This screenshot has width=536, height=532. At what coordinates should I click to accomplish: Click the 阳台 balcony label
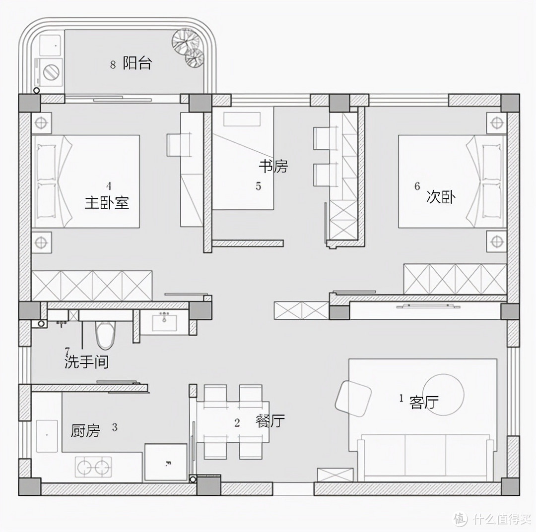coord(137,63)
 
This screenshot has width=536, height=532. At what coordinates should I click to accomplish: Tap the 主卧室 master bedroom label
coord(107,202)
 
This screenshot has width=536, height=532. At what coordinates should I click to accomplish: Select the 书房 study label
coord(273,166)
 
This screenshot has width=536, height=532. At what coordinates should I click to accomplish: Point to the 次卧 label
coord(441,197)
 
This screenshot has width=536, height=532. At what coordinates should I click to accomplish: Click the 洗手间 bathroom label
coord(87,362)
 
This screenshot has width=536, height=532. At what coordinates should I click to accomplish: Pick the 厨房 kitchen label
coord(85,430)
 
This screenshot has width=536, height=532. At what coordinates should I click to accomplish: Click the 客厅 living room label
coord(424,402)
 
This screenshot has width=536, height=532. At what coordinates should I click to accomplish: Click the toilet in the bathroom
coord(105,335)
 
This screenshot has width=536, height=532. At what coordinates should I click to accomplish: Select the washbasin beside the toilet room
coord(164,322)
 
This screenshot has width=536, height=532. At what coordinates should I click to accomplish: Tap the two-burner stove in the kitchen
coord(93,467)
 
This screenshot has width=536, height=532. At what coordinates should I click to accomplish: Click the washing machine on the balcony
coord(50,72)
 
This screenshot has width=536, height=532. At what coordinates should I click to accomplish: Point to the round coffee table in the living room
coord(443,394)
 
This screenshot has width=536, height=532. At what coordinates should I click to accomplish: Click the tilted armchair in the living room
coord(353,399)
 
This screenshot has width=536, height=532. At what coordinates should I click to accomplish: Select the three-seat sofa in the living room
coord(426,457)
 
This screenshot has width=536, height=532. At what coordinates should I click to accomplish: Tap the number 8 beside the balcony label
coord(113,64)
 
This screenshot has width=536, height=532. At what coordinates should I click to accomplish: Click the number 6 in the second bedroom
coord(417,186)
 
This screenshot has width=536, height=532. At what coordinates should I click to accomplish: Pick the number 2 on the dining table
coord(237,423)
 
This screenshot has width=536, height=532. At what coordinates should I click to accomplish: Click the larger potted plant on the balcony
coord(185,41)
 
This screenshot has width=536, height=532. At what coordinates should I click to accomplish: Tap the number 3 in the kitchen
coord(115,427)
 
